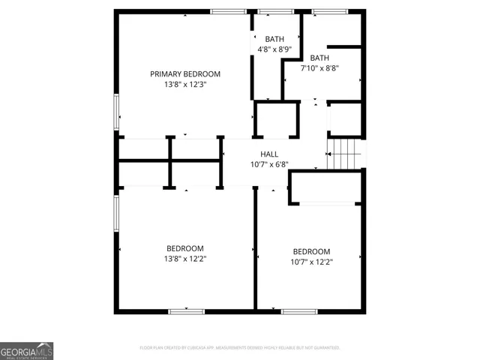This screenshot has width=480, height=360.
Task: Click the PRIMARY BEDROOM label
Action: [x=185, y=73]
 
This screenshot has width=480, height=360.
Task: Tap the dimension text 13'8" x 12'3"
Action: [x=185, y=85]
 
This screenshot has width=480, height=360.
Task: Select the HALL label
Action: [x=269, y=154]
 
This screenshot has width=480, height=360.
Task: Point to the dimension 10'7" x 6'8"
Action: [x=269, y=164]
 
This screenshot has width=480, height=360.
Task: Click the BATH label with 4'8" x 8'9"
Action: [x=274, y=39]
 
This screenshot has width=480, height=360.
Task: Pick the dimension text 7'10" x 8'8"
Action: [x=319, y=68]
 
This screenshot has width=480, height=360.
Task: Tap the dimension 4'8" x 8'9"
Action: [x=274, y=49]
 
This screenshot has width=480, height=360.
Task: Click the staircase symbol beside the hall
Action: [x=345, y=154]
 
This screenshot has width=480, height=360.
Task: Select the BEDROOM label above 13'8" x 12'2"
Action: [x=185, y=248]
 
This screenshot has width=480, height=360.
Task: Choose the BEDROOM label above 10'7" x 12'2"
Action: [x=311, y=251]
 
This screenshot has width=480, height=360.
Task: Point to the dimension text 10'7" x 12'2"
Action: [x=311, y=262]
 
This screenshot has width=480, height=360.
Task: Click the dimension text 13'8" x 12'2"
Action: [x=185, y=259]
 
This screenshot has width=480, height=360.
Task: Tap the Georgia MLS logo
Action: [x=26, y=351]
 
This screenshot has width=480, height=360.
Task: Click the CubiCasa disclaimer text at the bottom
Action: [x=240, y=348]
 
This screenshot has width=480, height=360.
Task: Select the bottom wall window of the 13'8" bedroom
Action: [x=186, y=310]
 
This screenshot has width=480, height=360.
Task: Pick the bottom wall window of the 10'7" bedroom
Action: [x=299, y=310]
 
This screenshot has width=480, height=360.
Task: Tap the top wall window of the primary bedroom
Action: [x=228, y=11]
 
